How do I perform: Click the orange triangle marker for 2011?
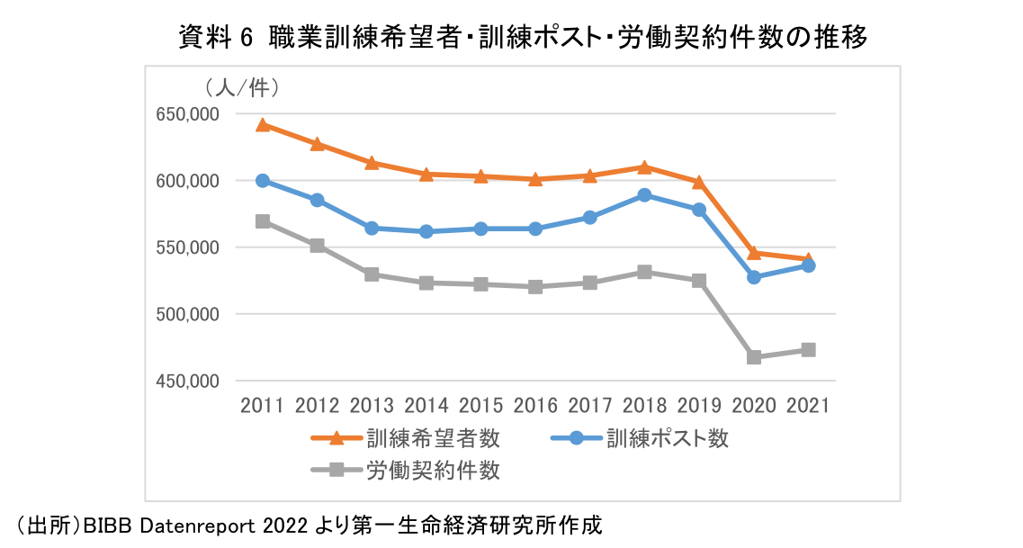pyautogui.click(x=263, y=125)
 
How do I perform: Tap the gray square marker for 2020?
pyautogui.click(x=754, y=357)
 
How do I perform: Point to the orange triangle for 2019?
pyautogui.click(x=699, y=182)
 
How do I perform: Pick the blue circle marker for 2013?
pyautogui.click(x=372, y=229)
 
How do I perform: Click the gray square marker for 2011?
pyautogui.click(x=263, y=221)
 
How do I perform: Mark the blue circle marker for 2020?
pyautogui.click(x=754, y=277)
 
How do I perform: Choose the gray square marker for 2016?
pyautogui.click(x=535, y=287)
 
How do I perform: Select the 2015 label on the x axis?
pyautogui.click(x=481, y=406)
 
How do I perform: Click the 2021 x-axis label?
pyautogui.click(x=808, y=406)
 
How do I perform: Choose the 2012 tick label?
pyautogui.click(x=317, y=406)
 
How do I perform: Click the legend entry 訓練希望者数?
pyautogui.click(x=433, y=439)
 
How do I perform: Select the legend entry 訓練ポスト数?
pyautogui.click(x=667, y=439)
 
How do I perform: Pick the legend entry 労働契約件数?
pyautogui.click(x=433, y=470)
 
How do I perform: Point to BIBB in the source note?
pyautogui.click(x=108, y=526)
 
